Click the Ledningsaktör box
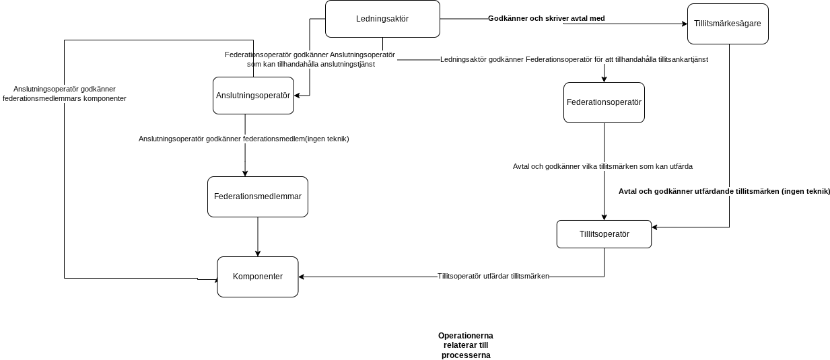tap(382, 19)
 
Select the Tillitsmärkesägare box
tap(728, 24)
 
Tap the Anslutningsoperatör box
tap(254, 96)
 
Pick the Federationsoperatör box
tap(604, 102)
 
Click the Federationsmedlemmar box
tap(258, 196)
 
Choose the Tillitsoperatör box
tap(604, 234)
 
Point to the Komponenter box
tap(258, 277)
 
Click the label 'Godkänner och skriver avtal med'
tap(546, 19)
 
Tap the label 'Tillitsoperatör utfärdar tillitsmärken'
tap(493, 277)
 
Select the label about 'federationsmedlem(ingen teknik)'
tap(244, 139)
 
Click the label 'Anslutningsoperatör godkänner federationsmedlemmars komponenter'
tap(65, 94)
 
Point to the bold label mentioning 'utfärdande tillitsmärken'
tap(724, 192)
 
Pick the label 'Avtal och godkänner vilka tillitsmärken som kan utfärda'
tap(602, 167)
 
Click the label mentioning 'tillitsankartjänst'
tap(574, 60)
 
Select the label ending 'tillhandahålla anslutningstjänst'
tap(310, 60)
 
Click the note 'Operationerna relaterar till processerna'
tap(466, 346)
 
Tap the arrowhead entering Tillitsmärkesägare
tap(685, 24)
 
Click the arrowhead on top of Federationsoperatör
tap(604, 79)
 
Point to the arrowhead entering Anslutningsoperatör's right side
tap(297, 96)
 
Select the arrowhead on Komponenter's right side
tap(302, 277)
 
